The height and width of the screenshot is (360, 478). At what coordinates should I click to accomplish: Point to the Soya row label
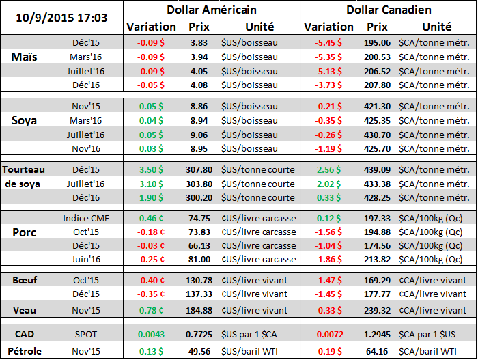click(x=25, y=120)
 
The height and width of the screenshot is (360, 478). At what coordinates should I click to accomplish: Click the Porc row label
click(x=25, y=232)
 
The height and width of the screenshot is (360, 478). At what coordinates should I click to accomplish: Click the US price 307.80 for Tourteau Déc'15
click(x=199, y=170)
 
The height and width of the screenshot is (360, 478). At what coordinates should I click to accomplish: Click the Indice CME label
click(x=85, y=218)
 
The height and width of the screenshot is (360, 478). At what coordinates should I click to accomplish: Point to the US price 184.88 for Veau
click(x=199, y=310)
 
